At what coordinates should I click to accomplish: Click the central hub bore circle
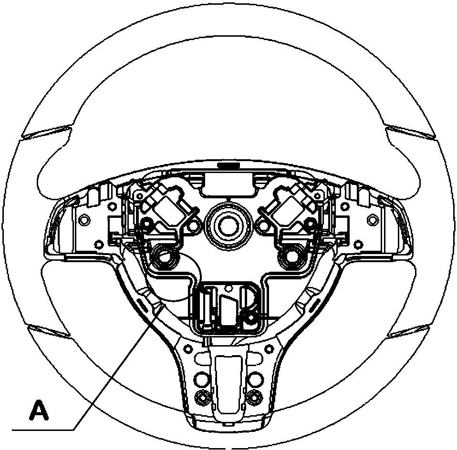click(x=229, y=226)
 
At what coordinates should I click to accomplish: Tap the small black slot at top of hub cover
click(x=228, y=165)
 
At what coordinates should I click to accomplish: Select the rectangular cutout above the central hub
click(x=229, y=183)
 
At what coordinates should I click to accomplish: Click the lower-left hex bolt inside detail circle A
click(x=164, y=256)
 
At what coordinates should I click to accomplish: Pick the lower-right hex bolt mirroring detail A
click(x=292, y=256)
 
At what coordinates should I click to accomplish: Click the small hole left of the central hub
click(x=193, y=226)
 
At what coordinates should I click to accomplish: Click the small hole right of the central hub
click(x=262, y=226)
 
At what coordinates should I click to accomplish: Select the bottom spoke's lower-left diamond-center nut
click(x=202, y=398)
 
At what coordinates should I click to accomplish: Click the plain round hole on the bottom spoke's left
click(x=202, y=378)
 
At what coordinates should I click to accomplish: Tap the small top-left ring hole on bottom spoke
click(x=188, y=348)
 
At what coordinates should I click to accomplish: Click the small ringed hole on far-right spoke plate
click(x=372, y=219)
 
